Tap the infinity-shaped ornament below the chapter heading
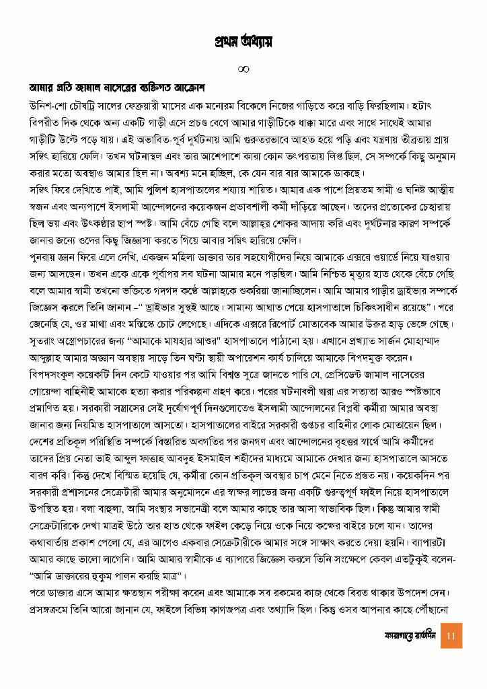point(243,69)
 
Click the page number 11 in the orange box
point(451,635)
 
